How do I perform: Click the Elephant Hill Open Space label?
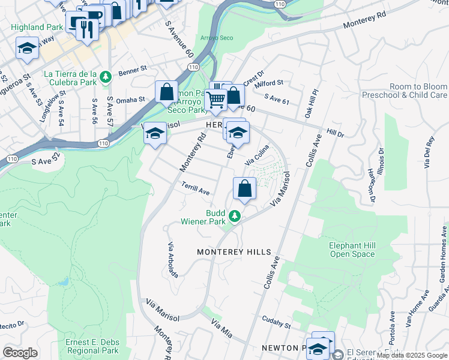click(x=352, y=250)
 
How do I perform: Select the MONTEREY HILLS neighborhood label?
click(x=234, y=253)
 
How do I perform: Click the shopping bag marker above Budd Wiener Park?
click(x=245, y=189)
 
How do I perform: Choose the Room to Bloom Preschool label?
click(x=414, y=91)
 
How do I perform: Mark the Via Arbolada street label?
click(x=173, y=260)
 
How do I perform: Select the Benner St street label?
click(x=133, y=70)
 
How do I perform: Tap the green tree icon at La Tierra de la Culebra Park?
click(x=106, y=76)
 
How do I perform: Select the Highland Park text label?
click(x=36, y=27)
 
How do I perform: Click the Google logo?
click(x=20, y=353)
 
